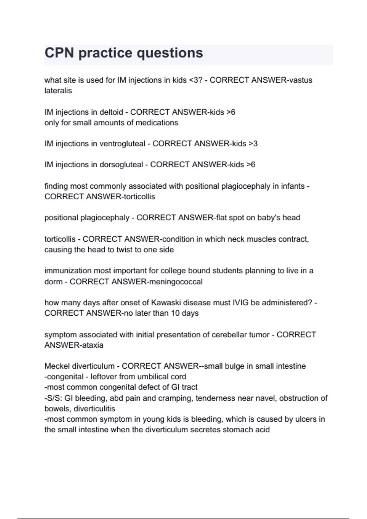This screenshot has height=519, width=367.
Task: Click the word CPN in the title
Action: [59, 53]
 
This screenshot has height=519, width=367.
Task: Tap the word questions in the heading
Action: [169, 53]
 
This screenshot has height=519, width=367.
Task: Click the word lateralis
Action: [58, 91]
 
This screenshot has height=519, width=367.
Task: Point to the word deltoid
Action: [111, 112]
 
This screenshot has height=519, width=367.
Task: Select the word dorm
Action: [53, 281]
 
